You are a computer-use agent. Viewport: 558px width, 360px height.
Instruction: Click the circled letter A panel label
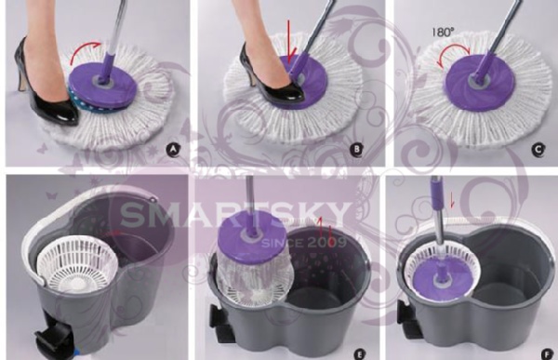coord(173,150)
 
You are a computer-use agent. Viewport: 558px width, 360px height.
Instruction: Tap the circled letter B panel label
coord(356,149)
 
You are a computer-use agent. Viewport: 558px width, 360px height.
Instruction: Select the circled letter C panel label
coord(538,149)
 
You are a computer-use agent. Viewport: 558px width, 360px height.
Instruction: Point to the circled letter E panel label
coord(359,353)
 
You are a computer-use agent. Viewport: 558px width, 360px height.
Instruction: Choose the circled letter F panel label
coord(547,353)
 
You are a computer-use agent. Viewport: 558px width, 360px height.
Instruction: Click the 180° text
coord(444,33)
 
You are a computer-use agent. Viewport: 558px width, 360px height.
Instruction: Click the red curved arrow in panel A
coord(84,50)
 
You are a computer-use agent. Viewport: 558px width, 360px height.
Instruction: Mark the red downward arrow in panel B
coord(290,42)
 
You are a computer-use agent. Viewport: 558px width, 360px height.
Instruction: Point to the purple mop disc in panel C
coord(476,82)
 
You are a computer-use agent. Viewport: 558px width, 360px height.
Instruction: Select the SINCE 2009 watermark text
coord(303,243)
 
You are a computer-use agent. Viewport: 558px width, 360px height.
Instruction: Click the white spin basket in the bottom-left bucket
coord(77,262)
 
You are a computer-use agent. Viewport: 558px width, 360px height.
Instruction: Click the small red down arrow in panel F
coord(452,200)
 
